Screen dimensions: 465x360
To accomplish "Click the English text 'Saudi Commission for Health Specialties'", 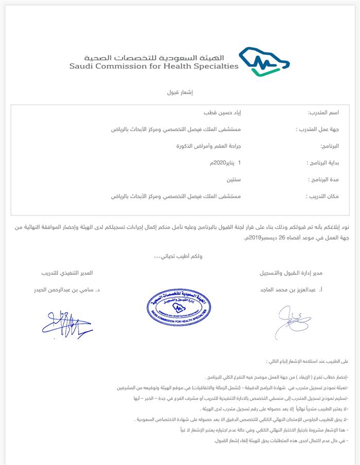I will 154,66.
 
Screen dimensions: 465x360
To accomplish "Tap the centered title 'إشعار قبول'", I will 180,92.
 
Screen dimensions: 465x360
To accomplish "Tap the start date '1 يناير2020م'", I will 225,163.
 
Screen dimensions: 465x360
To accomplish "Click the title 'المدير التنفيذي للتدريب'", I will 67,273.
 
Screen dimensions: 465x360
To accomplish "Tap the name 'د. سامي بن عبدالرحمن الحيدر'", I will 67,290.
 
